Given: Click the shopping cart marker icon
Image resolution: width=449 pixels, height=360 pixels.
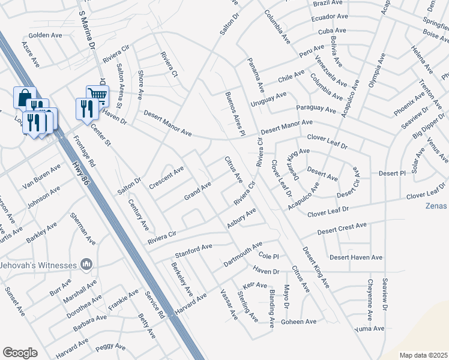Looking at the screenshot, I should tap(97, 94).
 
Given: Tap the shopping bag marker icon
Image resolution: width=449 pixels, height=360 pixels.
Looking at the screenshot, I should tap(25, 97).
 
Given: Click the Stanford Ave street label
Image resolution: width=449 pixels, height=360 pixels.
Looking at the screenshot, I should tap(193, 247).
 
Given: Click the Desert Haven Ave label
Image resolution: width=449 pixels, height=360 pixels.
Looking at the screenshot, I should tap(356, 257).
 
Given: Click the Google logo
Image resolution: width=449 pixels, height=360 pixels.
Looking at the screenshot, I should tap(20, 353).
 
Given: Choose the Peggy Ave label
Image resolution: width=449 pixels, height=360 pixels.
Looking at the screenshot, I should tap(110, 346).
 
